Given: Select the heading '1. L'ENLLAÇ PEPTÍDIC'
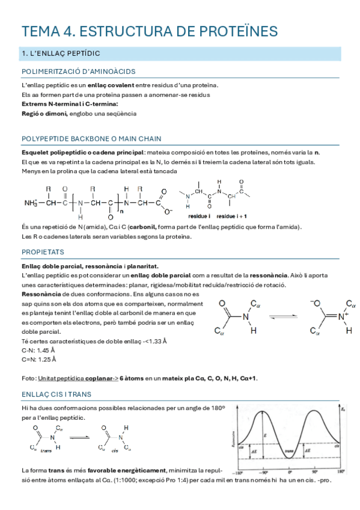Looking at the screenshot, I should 60,54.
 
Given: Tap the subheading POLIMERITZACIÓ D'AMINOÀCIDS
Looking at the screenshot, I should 78,72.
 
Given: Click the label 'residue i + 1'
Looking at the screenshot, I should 233,215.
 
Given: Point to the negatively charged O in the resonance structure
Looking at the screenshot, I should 314,303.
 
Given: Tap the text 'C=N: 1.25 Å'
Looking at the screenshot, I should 38,360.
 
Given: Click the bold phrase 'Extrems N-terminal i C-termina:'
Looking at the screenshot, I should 61,104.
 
